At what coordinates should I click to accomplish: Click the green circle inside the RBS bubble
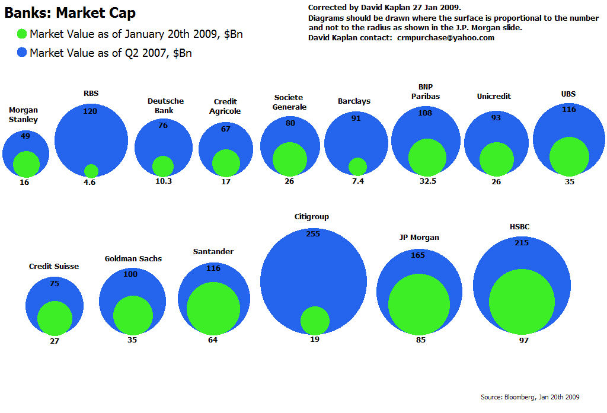(91, 171)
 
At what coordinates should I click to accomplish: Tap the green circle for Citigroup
(315, 321)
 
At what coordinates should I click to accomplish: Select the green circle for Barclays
(357, 167)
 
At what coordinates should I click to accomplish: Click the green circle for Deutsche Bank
(163, 167)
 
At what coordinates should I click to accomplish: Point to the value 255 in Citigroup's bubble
(313, 234)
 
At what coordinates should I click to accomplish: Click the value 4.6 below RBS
(90, 183)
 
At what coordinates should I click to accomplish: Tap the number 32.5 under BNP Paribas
(427, 182)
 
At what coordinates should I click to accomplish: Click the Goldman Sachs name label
(133, 259)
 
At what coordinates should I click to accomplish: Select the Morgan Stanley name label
(24, 115)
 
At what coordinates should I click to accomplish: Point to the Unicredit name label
(494, 97)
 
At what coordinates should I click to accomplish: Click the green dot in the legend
(22, 34)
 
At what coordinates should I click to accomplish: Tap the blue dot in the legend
(22, 53)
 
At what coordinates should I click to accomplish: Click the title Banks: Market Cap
(70, 13)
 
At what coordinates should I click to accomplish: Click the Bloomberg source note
(529, 397)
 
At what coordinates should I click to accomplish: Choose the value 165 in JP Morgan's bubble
(418, 255)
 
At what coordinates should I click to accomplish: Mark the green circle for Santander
(213, 309)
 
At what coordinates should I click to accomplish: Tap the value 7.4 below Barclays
(357, 182)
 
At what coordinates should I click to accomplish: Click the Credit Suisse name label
(54, 267)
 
